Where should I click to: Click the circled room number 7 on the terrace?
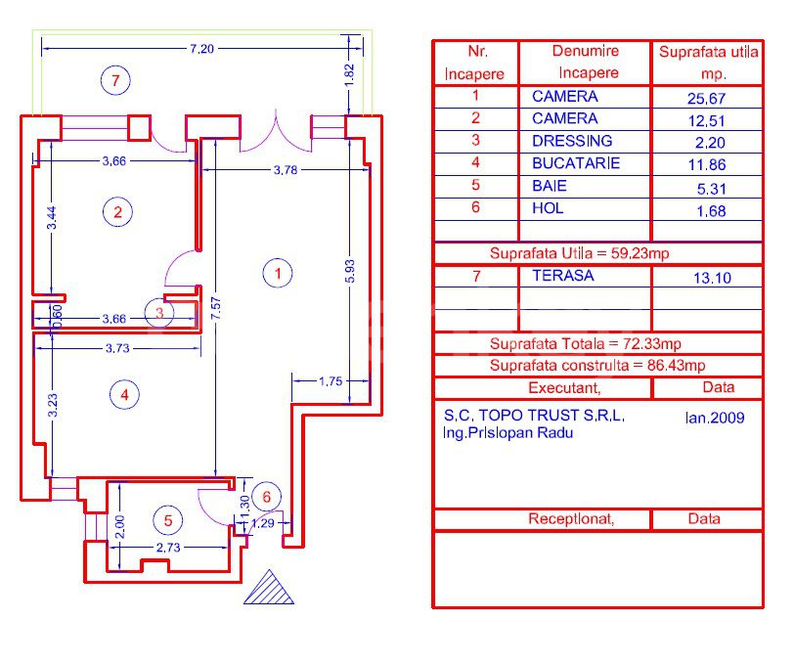115,80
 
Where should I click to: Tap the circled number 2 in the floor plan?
117,211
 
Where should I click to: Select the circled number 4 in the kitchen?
124,394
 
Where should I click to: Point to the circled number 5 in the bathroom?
168,520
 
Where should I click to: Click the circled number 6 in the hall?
266,497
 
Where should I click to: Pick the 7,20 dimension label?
202,49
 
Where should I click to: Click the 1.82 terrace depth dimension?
349,74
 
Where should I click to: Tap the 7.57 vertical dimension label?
216,308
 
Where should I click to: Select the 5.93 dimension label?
349,272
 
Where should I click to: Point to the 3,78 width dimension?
286,170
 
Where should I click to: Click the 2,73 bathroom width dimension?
168,548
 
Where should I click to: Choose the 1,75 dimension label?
331,381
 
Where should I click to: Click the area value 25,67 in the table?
706,98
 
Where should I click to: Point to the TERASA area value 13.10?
712,278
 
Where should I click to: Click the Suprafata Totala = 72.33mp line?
586,344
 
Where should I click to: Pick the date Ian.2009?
715,418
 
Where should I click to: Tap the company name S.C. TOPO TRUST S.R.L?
534,416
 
